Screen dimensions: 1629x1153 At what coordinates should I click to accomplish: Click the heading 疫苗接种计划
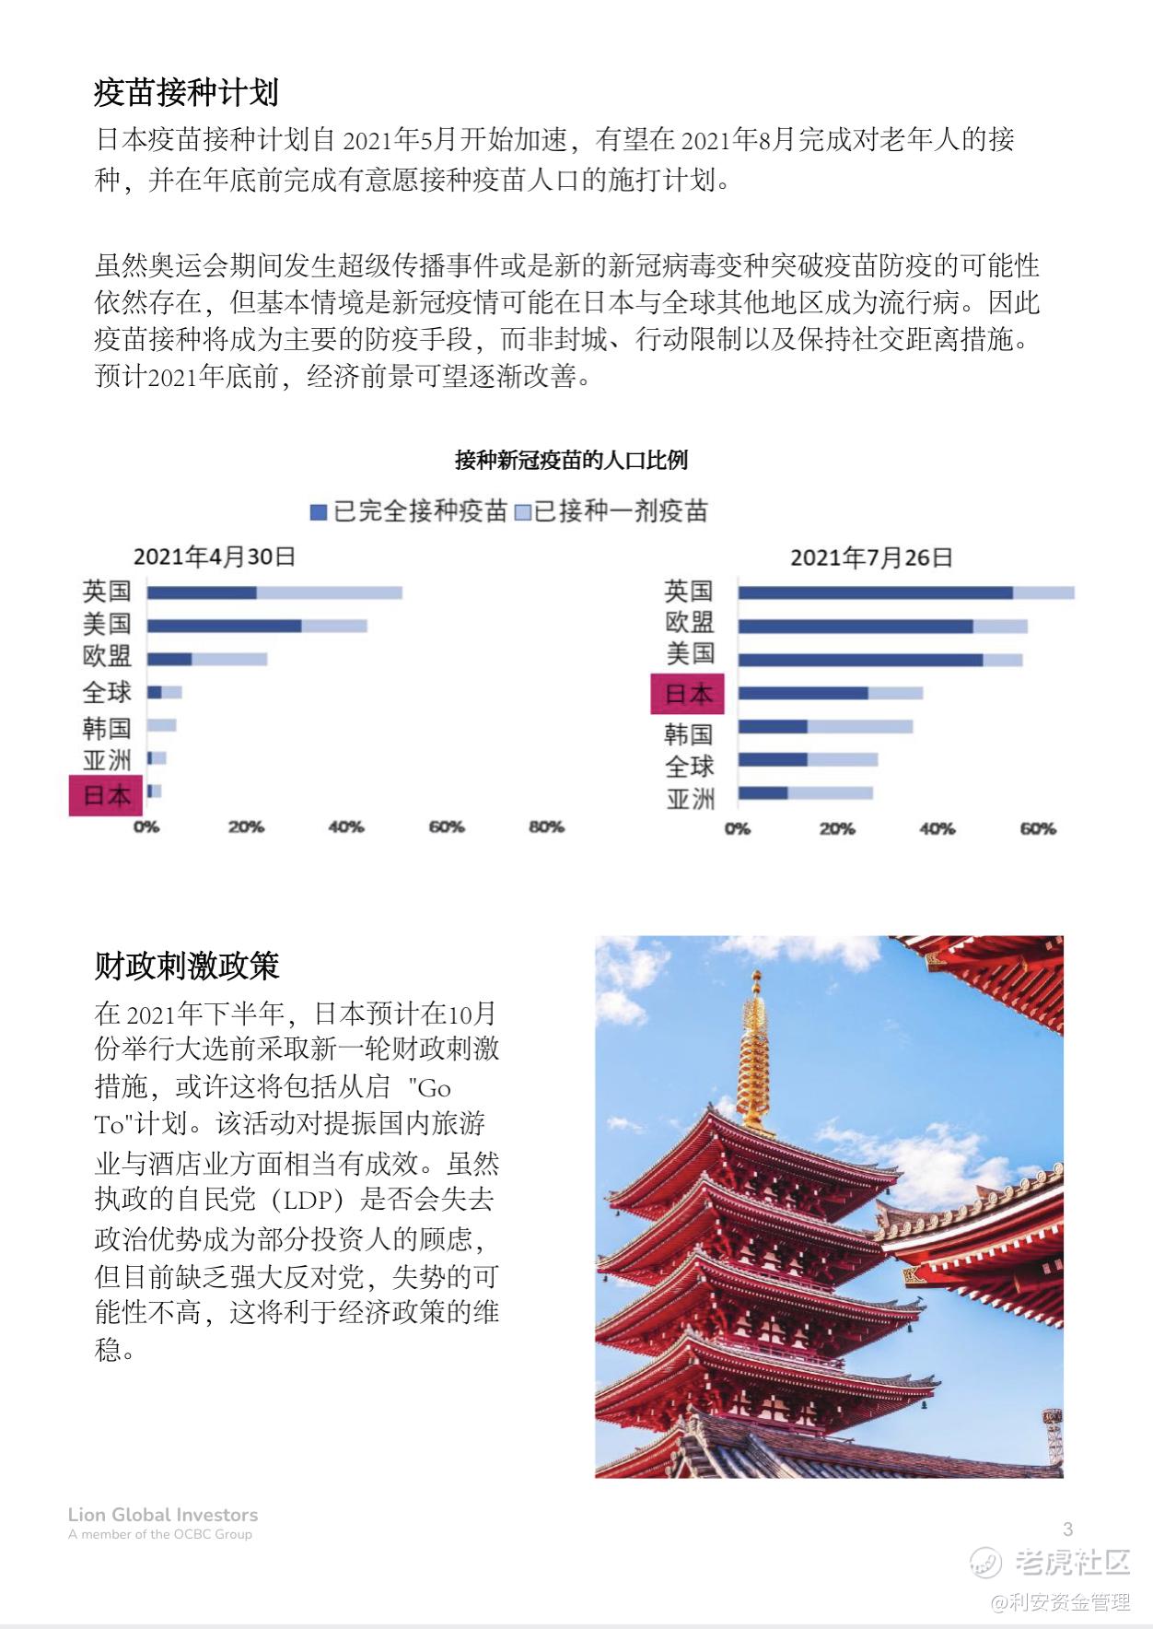186,92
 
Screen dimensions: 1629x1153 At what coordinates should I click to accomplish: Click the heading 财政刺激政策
186,966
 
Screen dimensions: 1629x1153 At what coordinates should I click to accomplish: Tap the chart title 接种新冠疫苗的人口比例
571,460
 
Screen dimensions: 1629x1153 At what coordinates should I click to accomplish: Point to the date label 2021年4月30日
214,557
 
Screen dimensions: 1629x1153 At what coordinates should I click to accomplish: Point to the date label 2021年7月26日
870,557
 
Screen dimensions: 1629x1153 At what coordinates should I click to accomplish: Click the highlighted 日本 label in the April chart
107,795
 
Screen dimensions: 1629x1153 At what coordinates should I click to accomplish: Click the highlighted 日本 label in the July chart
688,694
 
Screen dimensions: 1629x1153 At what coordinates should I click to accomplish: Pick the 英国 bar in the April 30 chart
274,592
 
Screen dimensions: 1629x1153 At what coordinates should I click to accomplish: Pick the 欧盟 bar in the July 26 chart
881,627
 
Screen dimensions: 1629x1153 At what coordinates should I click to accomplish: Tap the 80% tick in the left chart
545,827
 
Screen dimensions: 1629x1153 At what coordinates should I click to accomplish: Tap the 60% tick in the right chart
1037,829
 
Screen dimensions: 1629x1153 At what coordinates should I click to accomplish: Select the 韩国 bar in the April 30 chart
162,726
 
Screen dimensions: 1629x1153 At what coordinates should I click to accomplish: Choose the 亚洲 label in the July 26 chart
690,798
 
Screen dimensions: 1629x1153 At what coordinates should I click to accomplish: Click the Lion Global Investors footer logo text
163,1515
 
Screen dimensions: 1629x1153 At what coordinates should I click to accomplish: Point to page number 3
1067,1529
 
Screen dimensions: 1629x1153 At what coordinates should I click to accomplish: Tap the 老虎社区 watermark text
1073,1562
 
